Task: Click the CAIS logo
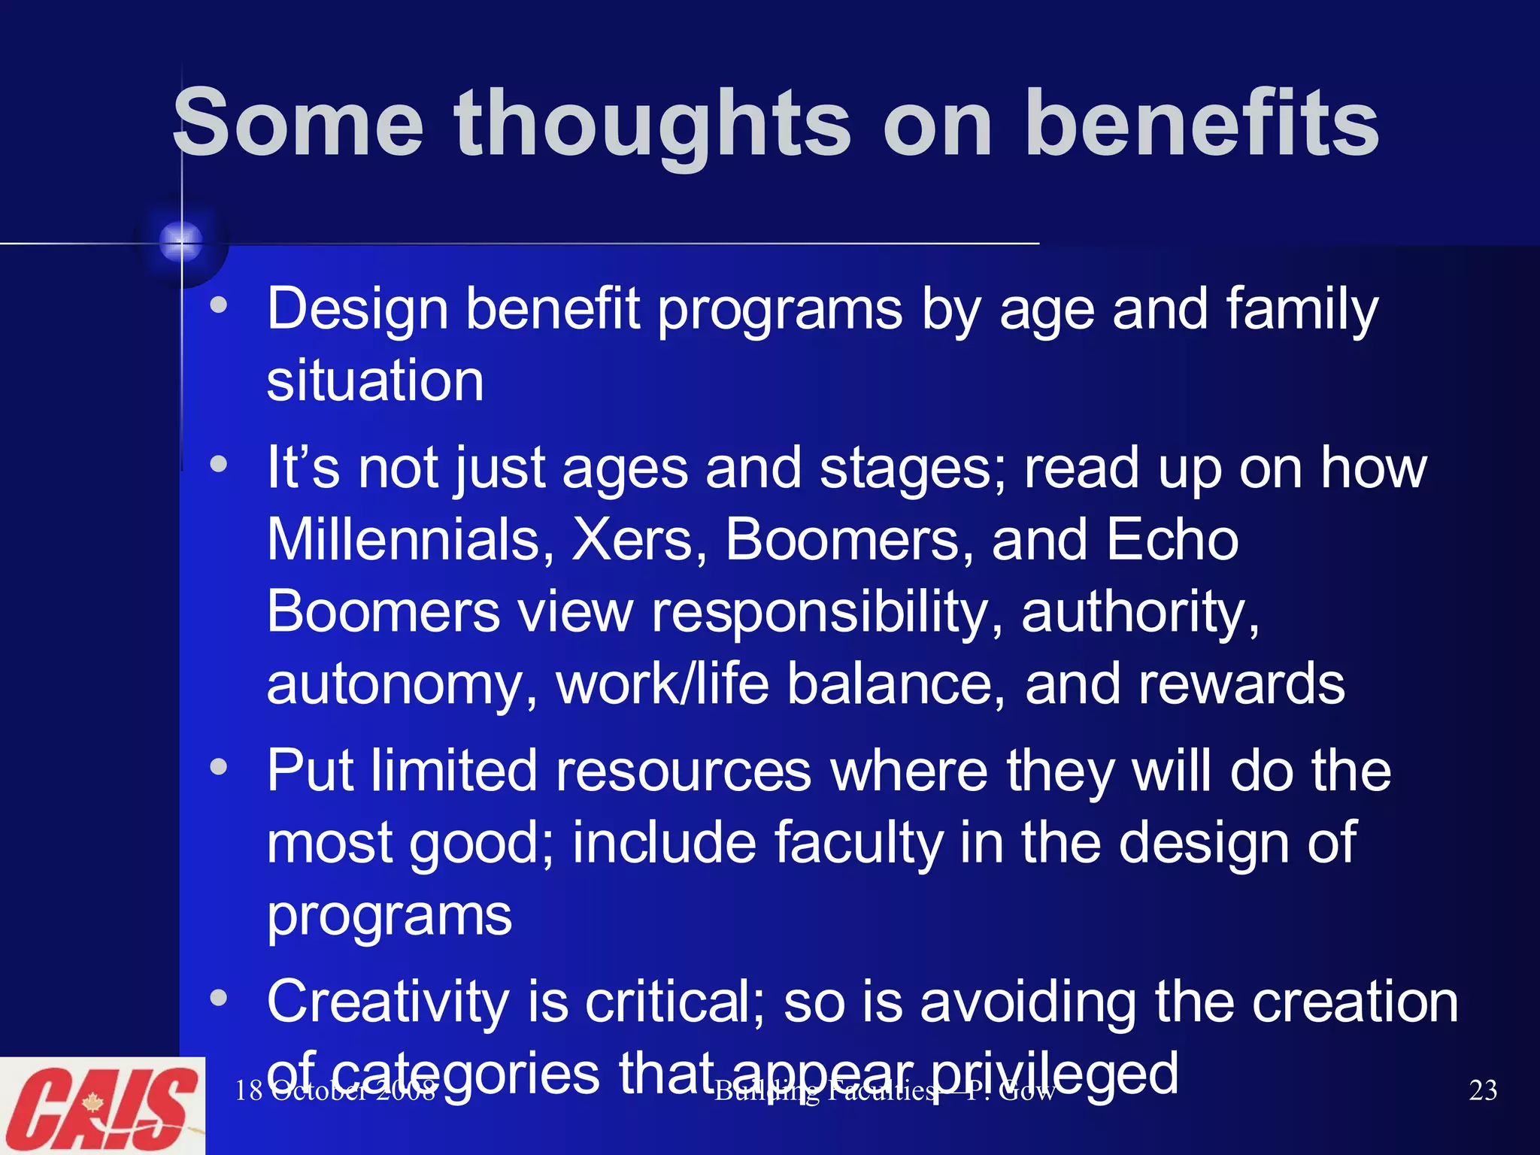[102, 1105]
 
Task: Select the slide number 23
[1482, 1090]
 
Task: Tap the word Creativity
[388, 1002]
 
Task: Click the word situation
[374, 380]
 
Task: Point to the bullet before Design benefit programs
[219, 305]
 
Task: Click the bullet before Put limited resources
[219, 767]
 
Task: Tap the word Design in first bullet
[357, 308]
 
